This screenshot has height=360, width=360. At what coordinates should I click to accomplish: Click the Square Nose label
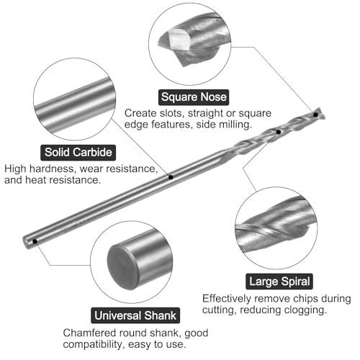194,97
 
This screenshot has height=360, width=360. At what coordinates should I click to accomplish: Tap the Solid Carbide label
78,153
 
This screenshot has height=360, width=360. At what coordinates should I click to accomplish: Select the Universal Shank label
135,315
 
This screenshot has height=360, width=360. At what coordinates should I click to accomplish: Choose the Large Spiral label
279,282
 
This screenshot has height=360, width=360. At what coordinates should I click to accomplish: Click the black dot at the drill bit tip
316,114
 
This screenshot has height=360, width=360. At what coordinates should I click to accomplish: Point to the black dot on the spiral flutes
279,132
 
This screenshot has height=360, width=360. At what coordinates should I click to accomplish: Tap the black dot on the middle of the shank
171,177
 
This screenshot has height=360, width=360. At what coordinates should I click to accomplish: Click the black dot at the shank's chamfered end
35,241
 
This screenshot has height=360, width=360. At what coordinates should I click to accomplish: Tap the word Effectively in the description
227,299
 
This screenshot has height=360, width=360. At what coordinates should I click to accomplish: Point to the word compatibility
94,345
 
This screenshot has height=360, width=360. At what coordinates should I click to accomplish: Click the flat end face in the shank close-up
122,267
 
